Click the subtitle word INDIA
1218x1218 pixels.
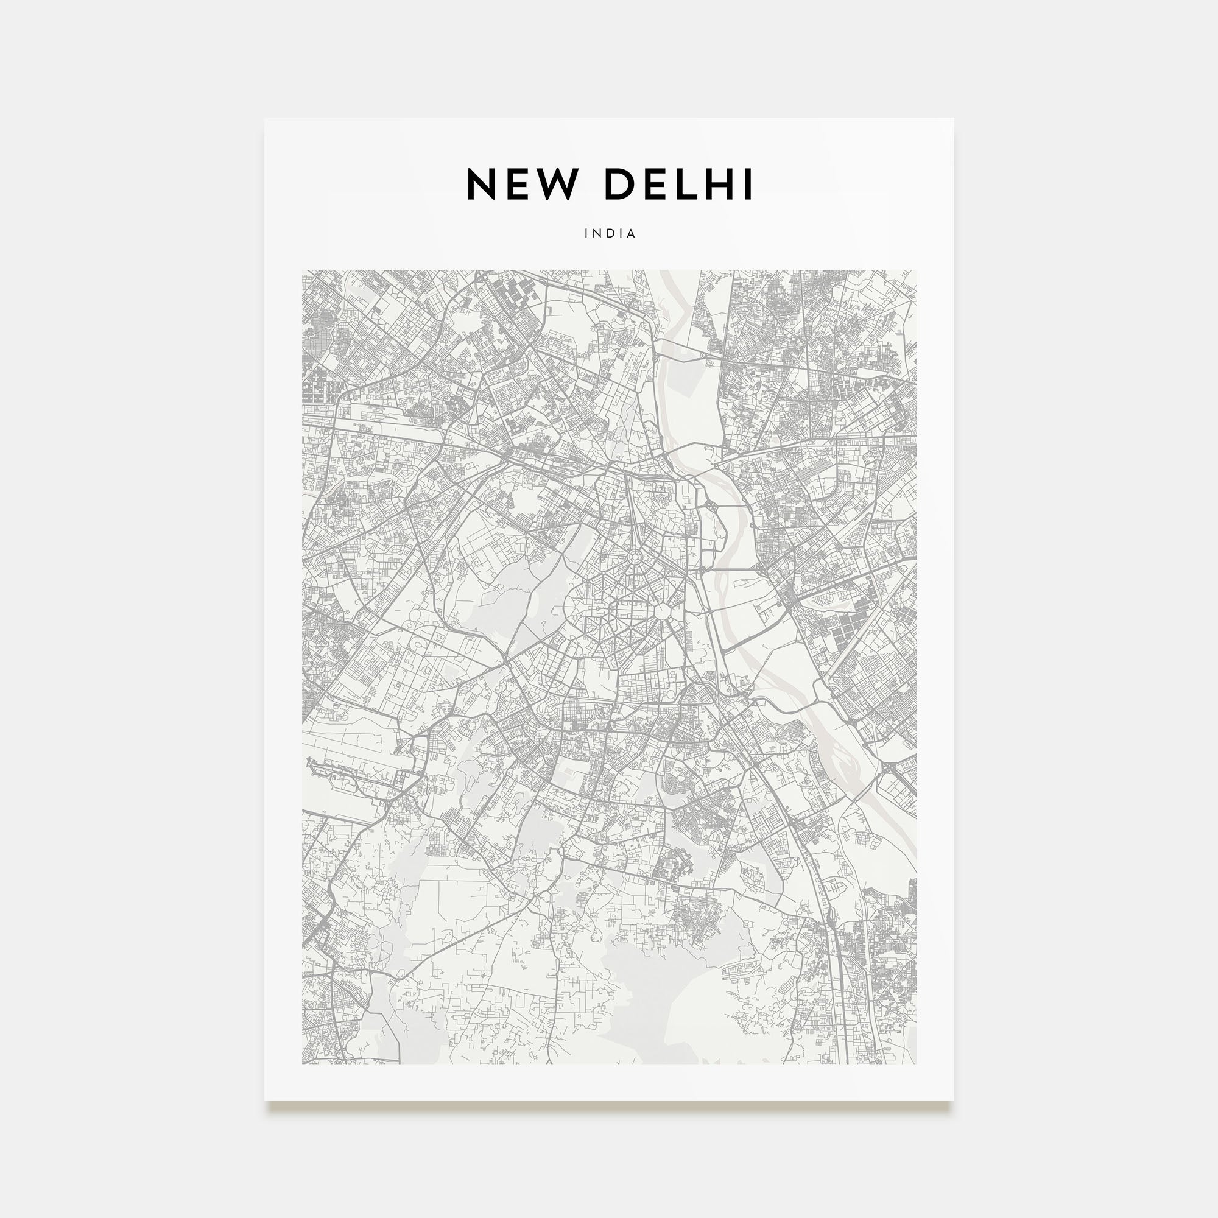610,233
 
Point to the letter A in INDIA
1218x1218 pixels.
632,233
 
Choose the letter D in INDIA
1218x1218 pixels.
610,233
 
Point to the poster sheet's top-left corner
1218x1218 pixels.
265,119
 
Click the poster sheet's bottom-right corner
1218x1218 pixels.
953,1100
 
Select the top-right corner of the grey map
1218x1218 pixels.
916,270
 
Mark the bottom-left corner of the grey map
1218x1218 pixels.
303,1064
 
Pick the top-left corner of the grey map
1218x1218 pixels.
303,270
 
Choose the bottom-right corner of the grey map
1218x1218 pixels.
916,1064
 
